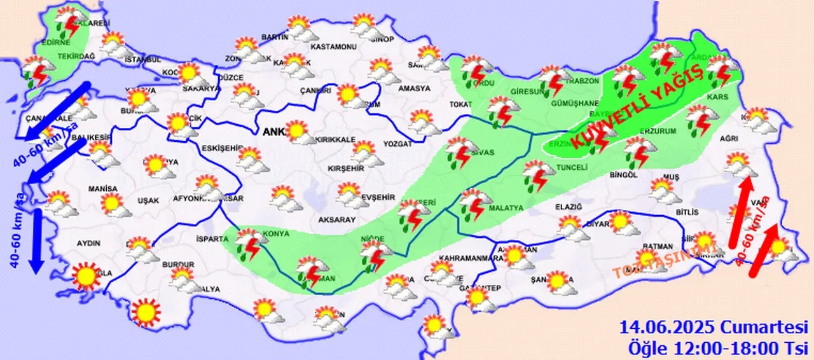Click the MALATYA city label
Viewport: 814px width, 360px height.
pyautogui.click(x=506, y=208)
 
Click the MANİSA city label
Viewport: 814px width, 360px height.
pyautogui.click(x=103, y=189)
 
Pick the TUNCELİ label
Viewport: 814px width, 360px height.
pyautogui.click(x=570, y=167)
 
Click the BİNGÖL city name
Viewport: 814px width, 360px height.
pyautogui.click(x=623, y=174)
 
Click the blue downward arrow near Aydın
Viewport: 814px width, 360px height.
pyautogui.click(x=36, y=240)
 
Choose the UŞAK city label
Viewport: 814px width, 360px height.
pyautogui.click(x=148, y=200)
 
